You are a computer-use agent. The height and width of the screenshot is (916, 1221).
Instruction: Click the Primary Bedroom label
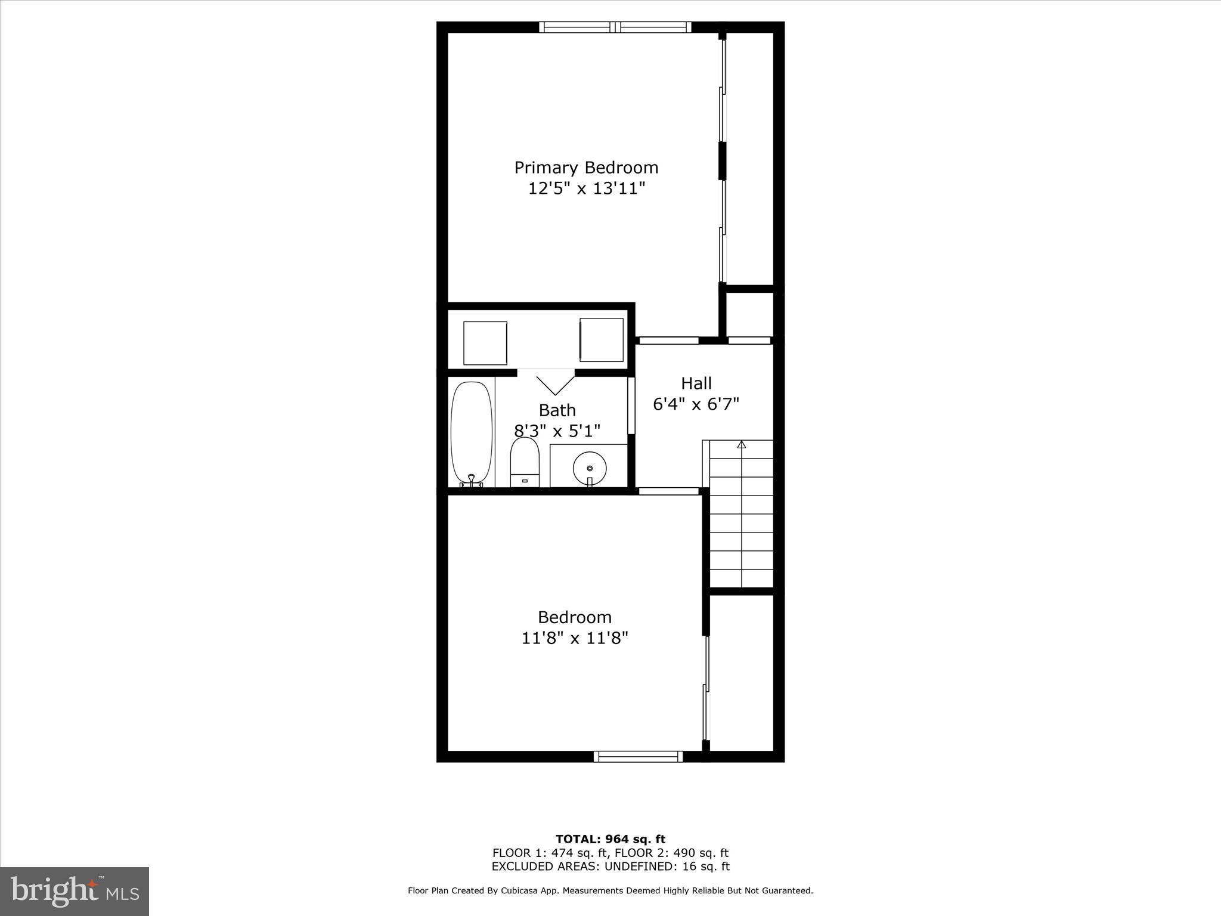586,167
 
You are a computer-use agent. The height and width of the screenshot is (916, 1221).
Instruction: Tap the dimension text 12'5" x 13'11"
587,189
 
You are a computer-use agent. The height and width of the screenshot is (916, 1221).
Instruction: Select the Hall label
696,383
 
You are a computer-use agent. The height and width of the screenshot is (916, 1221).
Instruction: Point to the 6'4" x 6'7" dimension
696,404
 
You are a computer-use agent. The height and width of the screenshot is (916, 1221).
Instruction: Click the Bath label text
557,410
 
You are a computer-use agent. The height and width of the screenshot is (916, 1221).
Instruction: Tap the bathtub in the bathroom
472,434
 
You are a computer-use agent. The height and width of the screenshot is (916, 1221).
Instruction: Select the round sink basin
589,469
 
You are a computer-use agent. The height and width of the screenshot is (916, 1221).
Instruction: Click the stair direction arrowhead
741,444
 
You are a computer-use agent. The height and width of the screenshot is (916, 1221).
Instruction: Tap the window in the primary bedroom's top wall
615,27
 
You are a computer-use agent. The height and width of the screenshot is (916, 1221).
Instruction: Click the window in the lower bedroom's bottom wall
638,756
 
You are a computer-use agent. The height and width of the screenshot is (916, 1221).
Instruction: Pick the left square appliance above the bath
485,343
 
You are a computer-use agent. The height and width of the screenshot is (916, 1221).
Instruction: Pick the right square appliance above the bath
602,340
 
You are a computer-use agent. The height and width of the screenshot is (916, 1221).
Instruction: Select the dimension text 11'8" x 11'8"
575,639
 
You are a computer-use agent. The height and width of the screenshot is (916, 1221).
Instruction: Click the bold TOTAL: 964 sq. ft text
610,840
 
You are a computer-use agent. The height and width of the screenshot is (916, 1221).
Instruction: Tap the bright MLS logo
75,891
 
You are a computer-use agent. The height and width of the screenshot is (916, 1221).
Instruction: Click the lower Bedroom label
575,617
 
